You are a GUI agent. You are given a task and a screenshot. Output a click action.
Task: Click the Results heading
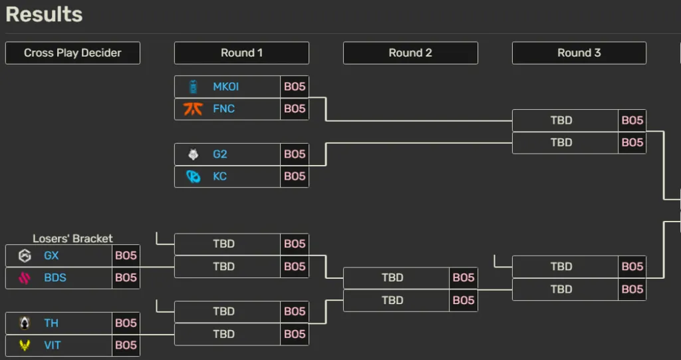44,15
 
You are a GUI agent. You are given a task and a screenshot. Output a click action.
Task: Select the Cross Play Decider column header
72,53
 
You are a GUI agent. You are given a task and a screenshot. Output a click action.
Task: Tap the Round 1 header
241,53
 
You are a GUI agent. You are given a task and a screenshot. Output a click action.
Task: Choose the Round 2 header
410,53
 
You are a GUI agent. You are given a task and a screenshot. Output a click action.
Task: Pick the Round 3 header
579,53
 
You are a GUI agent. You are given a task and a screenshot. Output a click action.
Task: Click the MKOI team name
225,87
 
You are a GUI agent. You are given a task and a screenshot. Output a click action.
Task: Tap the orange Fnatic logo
193,108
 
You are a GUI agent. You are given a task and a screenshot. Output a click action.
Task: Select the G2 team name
220,154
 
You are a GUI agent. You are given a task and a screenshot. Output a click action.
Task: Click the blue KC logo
193,176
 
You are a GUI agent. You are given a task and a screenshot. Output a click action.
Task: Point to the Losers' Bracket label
72,238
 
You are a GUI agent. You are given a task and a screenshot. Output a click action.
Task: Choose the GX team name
51,256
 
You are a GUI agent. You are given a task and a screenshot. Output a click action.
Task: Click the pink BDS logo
25,278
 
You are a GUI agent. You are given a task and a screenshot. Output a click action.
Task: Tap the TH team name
51,323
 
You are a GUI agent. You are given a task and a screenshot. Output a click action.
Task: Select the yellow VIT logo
25,345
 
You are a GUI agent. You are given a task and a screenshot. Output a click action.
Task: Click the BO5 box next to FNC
295,108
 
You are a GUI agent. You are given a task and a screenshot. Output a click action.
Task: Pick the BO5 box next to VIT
126,345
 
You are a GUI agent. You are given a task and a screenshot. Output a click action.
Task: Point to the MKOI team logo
193,87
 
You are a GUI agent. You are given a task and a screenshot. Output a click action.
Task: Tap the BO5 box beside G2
295,154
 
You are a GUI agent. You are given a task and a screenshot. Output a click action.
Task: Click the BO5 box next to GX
126,256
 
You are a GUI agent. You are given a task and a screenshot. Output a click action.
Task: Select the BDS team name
55,278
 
